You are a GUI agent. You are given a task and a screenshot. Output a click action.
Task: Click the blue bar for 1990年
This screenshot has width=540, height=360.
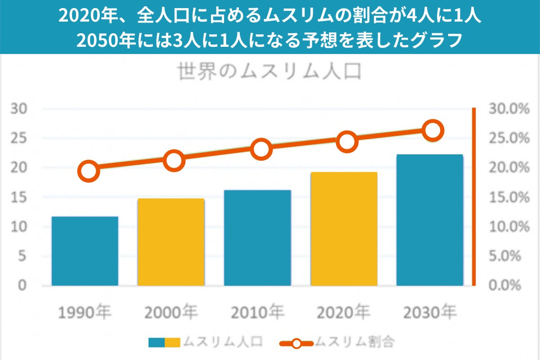coord(85,251)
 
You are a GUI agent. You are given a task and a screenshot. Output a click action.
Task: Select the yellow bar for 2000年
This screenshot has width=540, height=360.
coord(171,242)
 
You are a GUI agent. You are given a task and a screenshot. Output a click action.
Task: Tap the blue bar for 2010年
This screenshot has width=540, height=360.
coord(257,238)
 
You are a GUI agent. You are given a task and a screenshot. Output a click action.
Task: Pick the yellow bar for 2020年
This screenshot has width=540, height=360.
coord(344,229)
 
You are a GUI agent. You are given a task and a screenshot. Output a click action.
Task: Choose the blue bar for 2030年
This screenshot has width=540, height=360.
coord(430,220)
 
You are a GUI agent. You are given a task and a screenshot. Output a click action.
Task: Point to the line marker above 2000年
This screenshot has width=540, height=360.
coord(174,160)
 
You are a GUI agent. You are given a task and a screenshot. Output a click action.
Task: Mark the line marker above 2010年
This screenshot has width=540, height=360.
coord(261,149)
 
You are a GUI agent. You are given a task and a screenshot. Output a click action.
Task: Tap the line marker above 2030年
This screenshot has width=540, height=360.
coord(433,130)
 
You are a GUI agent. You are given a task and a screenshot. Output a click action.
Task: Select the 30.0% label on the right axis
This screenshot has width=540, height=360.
coord(508,109)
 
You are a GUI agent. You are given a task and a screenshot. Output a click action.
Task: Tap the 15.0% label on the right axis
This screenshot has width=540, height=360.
coord(508,198)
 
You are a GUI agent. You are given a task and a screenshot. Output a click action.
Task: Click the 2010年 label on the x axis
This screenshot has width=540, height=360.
coord(257,312)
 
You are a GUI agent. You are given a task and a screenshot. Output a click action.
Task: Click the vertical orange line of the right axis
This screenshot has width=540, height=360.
coord(473,196)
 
